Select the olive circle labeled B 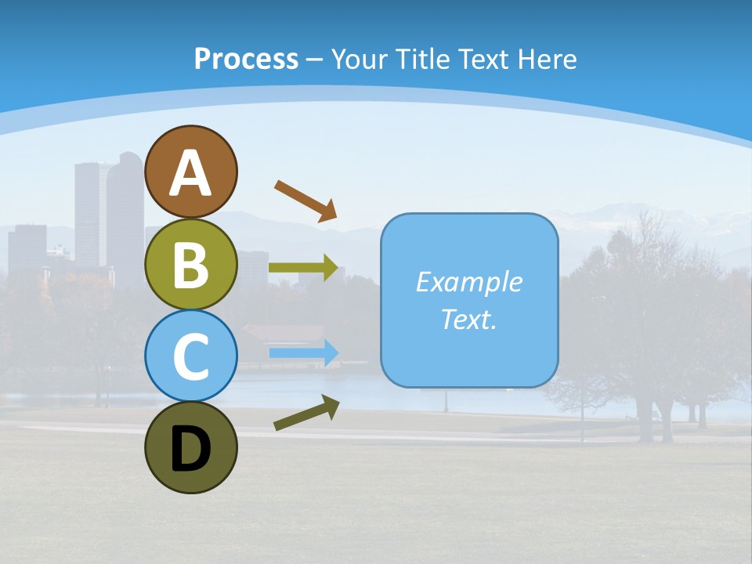(x=190, y=265)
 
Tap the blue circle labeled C (x=190, y=356)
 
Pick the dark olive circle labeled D (x=190, y=447)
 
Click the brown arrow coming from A (x=305, y=200)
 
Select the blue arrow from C (x=303, y=353)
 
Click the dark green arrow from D (x=306, y=413)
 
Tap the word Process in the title (x=246, y=59)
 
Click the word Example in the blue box (x=468, y=282)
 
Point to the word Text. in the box (x=468, y=320)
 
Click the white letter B (x=190, y=265)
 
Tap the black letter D (x=190, y=449)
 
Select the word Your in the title (x=360, y=59)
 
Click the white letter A (x=190, y=174)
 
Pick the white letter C (x=190, y=356)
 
